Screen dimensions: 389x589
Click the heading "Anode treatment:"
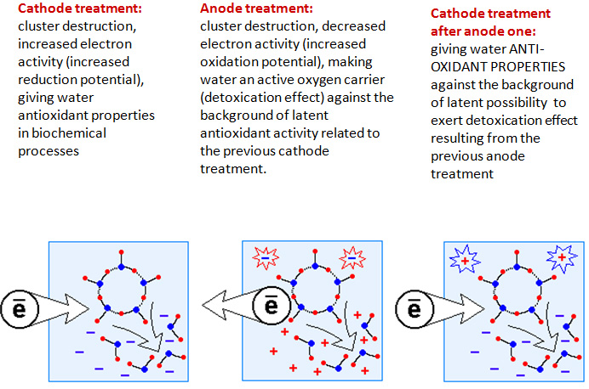(x=256, y=9)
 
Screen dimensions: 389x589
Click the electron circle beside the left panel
(x=19, y=309)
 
